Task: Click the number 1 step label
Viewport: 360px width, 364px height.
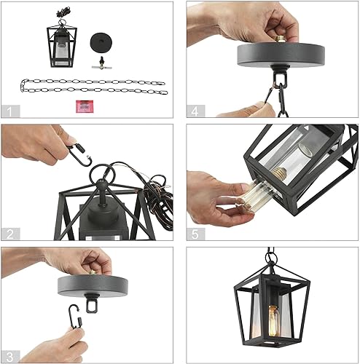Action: click(9, 111)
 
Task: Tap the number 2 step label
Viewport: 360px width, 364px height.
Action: click(9, 234)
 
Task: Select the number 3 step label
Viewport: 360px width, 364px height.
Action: click(9, 356)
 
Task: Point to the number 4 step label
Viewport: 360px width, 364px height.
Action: click(195, 111)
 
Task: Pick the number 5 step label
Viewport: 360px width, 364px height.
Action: click(195, 234)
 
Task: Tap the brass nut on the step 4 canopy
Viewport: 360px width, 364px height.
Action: click(279, 36)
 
